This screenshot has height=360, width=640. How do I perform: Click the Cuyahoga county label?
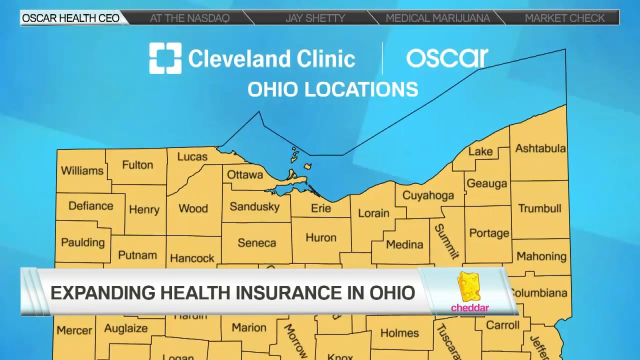(428, 195)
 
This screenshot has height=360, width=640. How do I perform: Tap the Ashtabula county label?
(540, 148)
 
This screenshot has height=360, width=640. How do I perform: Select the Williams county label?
(82, 170)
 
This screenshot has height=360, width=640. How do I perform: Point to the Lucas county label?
(192, 157)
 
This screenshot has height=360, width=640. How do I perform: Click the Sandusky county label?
(254, 206)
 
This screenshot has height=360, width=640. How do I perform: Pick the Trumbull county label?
(539, 208)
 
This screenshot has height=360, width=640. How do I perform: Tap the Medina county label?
(404, 244)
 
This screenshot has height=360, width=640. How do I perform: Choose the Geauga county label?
(486, 183)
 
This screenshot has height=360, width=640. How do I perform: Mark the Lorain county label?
(373, 213)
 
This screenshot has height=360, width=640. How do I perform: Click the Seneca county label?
(256, 243)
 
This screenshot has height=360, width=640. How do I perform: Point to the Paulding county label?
(82, 242)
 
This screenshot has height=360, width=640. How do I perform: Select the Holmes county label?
(399, 333)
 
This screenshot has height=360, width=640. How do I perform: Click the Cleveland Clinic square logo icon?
(165, 58)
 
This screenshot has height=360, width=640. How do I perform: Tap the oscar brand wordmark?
(446, 58)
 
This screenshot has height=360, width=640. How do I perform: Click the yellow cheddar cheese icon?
(469, 287)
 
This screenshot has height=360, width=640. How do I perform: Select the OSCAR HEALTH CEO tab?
(70, 18)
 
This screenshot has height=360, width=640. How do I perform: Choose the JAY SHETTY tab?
(315, 18)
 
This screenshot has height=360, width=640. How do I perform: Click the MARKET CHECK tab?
(564, 18)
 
